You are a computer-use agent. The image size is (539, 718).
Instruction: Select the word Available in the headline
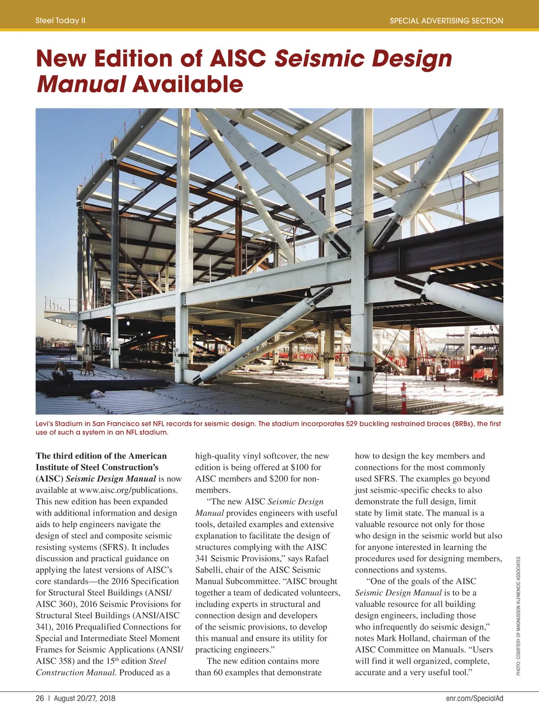[x=188, y=84]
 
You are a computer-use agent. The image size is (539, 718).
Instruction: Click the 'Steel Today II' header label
[x=61, y=21]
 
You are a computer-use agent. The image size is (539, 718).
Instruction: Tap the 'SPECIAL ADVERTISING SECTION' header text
[x=446, y=21]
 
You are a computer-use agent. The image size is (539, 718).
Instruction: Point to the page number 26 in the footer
[x=40, y=698]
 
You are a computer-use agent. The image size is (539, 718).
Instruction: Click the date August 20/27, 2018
[x=84, y=698]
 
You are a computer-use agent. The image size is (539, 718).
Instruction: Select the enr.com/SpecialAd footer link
[x=474, y=698]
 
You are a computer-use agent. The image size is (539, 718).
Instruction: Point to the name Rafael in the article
[x=317, y=558]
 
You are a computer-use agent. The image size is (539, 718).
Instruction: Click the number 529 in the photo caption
[x=353, y=424]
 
